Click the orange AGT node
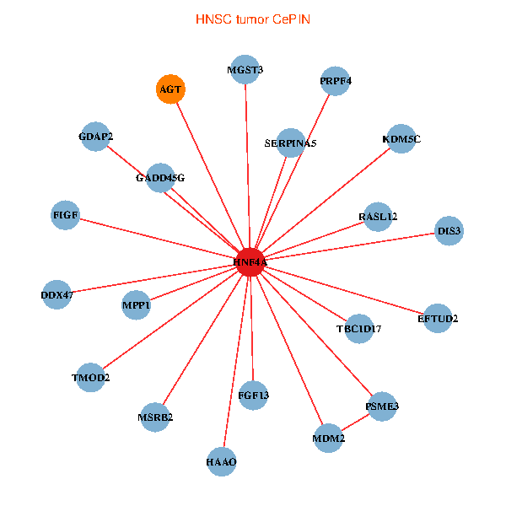pyautogui.click(x=170, y=89)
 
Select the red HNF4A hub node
pyautogui.click(x=250, y=262)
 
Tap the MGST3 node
pyautogui.click(x=245, y=69)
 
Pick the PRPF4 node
pyautogui.click(x=336, y=81)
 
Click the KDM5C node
pyautogui.click(x=401, y=139)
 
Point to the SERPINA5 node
pyautogui.click(x=290, y=143)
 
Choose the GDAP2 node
pyautogui.click(x=95, y=137)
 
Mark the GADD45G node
pyautogui.click(x=160, y=178)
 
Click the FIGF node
pyautogui.click(x=66, y=215)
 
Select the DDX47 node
pyautogui.click(x=57, y=295)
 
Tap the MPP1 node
pyautogui.click(x=136, y=305)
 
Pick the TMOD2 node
pyautogui.click(x=90, y=377)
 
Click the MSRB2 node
pyautogui.click(x=155, y=417)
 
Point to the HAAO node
pyautogui.click(x=221, y=461)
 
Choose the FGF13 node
pyautogui.click(x=253, y=395)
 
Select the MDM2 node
pyautogui.click(x=328, y=439)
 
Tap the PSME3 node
pyautogui.click(x=381, y=406)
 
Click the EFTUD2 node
pyautogui.click(x=438, y=318)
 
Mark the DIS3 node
pyautogui.click(x=449, y=230)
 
